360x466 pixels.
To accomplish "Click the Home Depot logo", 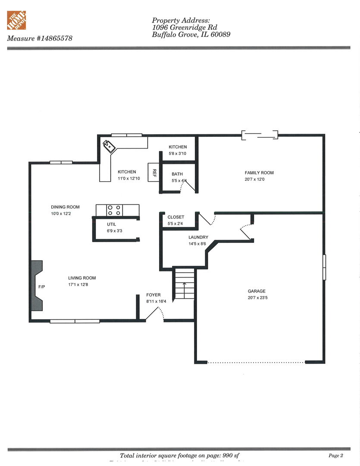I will (16, 20).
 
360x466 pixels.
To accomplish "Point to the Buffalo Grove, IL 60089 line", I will (191, 35).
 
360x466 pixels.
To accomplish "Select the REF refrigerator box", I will (154, 173).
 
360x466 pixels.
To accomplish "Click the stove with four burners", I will (115, 210).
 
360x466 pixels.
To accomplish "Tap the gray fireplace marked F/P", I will (37, 286).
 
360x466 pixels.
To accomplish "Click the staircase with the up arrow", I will (185, 284).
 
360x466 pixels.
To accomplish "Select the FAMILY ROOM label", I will (259, 173).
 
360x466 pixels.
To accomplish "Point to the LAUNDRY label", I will (198, 237).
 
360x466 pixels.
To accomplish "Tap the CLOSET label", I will (176, 217).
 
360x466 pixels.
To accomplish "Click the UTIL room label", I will (112, 224).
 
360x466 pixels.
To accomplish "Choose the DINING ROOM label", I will (65, 207).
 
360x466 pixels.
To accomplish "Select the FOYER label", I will (153, 295).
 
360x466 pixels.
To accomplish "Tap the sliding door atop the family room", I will (260, 135).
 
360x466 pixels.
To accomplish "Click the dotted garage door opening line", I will (256, 362).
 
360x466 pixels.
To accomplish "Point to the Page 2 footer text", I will (336, 456).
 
